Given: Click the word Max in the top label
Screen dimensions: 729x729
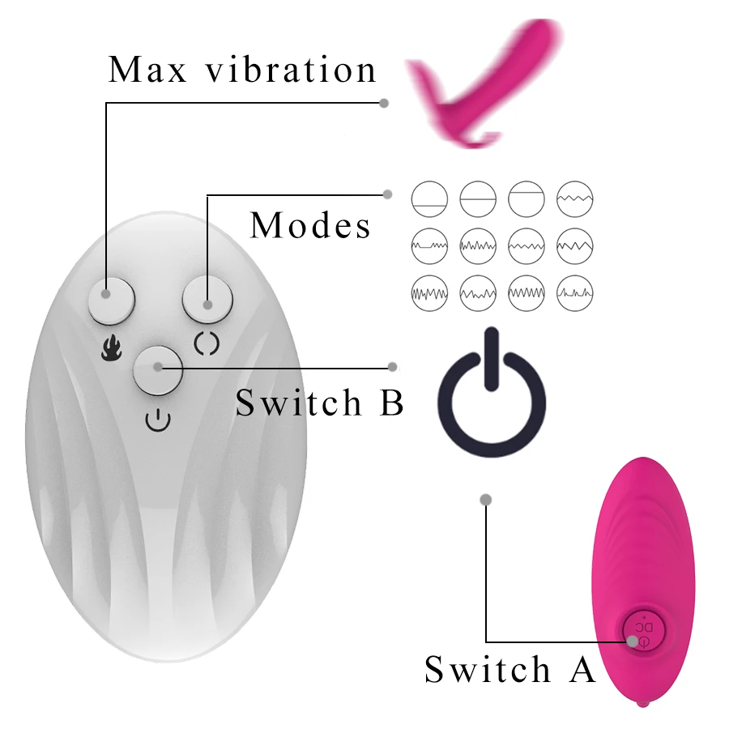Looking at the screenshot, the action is [148, 70].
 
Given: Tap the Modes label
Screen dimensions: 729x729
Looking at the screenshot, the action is [311, 225].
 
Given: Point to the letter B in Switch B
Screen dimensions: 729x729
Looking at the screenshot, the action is [391, 403].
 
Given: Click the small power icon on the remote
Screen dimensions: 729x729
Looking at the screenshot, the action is [159, 420].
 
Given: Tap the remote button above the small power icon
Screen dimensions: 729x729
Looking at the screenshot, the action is [159, 369].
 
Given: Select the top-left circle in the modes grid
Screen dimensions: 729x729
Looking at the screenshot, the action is [429, 198].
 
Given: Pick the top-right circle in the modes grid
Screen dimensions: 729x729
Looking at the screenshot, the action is [575, 198].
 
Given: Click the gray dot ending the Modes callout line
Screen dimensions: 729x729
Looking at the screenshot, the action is [387, 194].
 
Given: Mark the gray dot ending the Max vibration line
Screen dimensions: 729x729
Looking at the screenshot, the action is [384, 103].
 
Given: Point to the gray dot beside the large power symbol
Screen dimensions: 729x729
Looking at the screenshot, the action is [394, 367].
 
